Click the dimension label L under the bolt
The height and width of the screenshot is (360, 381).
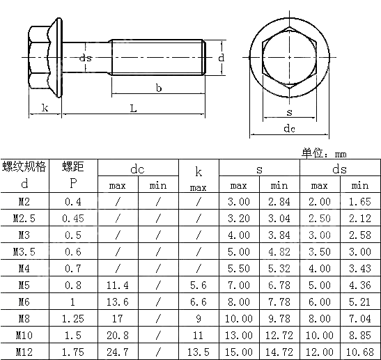point(133,109)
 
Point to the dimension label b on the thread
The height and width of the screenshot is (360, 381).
point(159,88)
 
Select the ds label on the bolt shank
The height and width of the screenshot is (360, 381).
point(86,58)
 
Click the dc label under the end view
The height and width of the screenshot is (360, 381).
point(289,129)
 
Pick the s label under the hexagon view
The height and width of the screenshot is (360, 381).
point(288,112)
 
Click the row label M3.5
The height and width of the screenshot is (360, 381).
point(24,251)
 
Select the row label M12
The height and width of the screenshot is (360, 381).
point(24,352)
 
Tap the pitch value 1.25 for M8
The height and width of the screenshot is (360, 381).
point(73,318)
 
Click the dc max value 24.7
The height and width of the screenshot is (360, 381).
point(118,352)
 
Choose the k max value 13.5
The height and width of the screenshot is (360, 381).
point(199,352)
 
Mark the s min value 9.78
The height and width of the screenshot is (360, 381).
point(279,318)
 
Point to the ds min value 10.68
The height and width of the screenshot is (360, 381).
point(360,352)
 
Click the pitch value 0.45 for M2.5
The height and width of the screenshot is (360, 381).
point(73,218)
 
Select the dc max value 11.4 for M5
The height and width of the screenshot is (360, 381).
point(118,285)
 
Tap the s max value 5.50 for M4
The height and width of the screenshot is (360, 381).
point(239,268)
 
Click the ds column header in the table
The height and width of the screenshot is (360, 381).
point(340,169)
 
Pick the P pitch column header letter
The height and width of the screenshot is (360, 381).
point(73,184)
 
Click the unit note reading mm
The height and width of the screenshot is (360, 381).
point(341,154)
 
